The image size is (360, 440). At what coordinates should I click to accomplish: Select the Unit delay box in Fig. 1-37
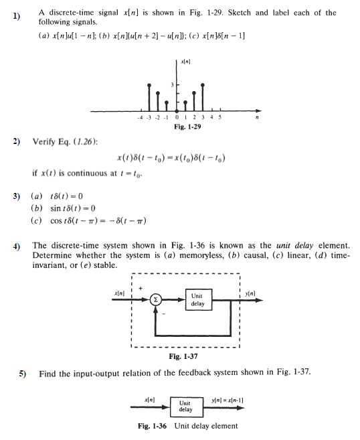[x=197, y=299]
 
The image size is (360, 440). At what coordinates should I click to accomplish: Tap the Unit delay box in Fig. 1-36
[x=185, y=406]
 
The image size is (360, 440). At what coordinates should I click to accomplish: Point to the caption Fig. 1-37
[x=181, y=356]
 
